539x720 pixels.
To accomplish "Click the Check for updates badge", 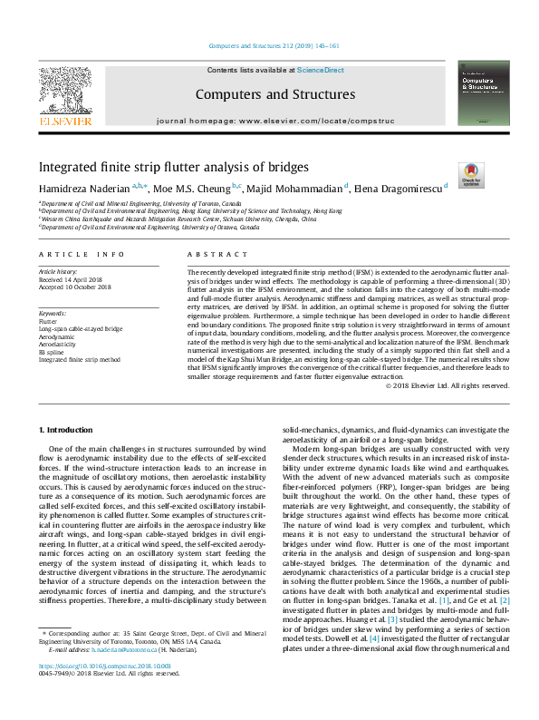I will [x=471, y=172].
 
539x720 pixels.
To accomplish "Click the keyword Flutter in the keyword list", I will [x=47, y=321].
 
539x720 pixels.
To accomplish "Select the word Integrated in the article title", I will [x=67, y=168].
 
